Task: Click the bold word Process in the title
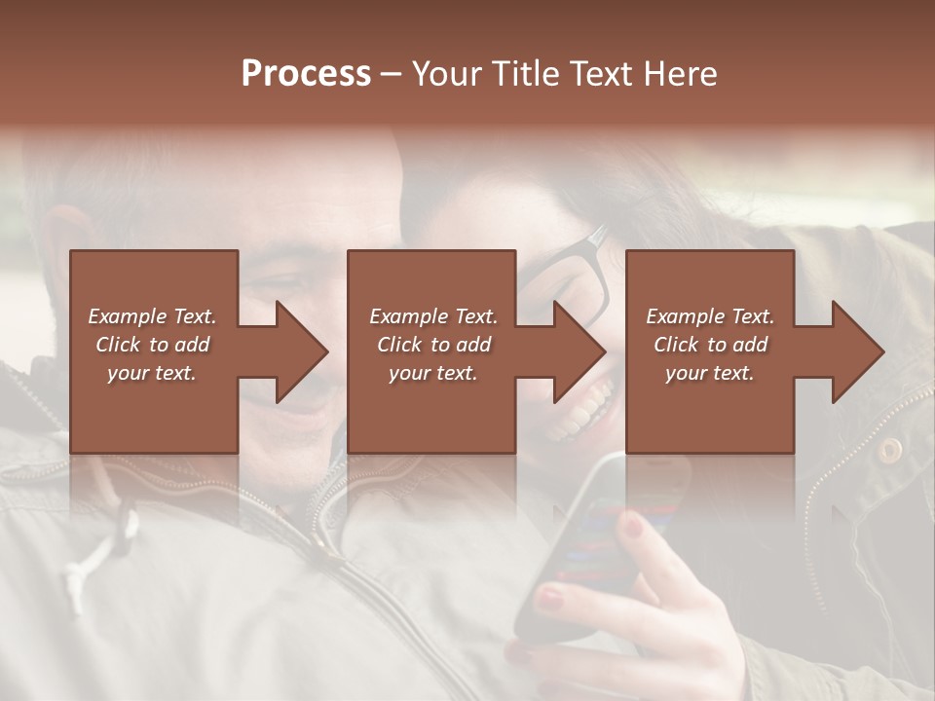tap(306, 74)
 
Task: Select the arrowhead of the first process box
tap(302, 351)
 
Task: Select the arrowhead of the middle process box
tap(580, 351)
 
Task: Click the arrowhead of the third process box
tap(858, 351)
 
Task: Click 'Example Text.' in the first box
tap(152, 316)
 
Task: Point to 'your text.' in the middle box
tap(432, 373)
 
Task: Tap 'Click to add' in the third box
tap(710, 345)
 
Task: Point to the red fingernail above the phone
tap(633, 527)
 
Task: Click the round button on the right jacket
tap(889, 450)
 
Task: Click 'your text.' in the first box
tap(152, 373)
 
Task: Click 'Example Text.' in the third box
tap(710, 316)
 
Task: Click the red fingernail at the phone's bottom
tap(551, 597)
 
